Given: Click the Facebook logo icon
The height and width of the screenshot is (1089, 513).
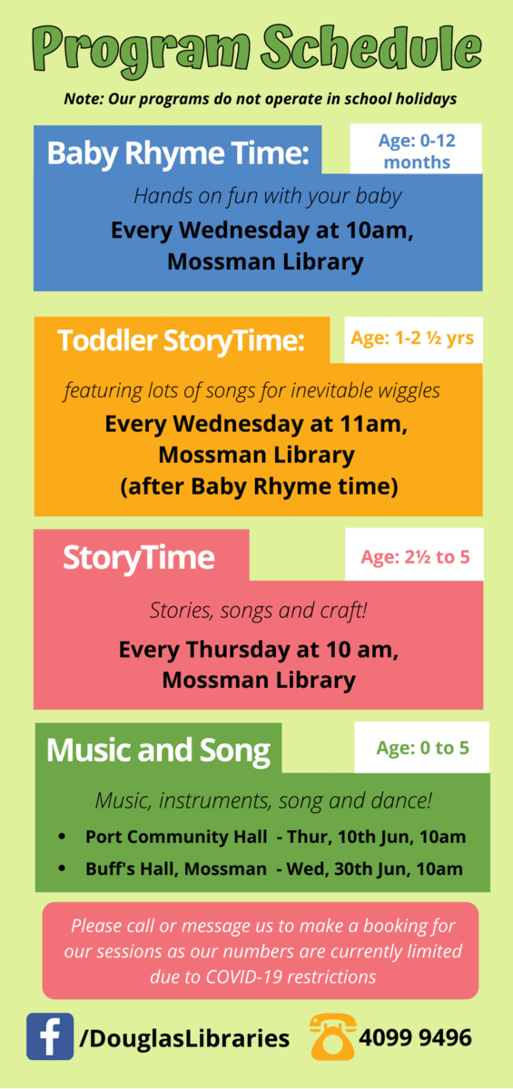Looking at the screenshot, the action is (50, 1036).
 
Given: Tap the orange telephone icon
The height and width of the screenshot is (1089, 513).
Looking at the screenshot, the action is (332, 1036).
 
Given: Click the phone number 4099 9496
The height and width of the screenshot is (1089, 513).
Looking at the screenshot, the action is (415, 1037).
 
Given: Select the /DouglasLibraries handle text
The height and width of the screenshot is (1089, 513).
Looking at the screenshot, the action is (184, 1038).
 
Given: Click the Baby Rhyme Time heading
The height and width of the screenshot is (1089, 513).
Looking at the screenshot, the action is (178, 152).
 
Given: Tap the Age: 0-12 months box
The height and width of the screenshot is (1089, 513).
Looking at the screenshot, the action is (416, 149).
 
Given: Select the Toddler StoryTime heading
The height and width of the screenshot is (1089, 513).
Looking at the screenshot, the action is (181, 340).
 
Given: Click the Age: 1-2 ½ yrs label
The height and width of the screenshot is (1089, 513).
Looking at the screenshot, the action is (412, 338).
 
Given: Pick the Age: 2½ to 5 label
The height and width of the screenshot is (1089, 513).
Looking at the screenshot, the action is (415, 556).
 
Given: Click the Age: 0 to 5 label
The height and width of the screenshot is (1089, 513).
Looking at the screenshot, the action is (422, 748).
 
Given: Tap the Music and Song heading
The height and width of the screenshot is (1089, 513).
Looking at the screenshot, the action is (158, 751).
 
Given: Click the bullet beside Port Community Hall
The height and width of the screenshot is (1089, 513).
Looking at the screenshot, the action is (62, 837).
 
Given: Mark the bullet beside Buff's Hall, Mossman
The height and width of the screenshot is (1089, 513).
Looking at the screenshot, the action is (62, 868).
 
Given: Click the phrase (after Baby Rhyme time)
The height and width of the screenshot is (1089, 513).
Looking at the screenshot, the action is (259, 486).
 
